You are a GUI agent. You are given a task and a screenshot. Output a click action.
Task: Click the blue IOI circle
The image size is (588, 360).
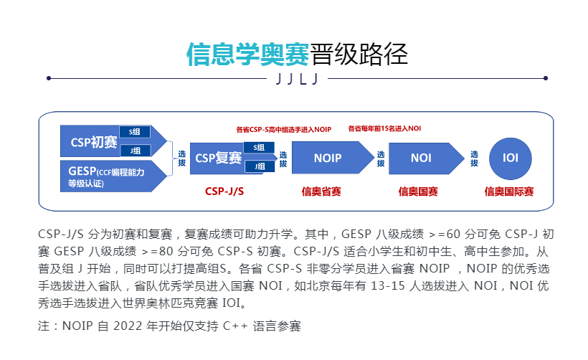point(510,158)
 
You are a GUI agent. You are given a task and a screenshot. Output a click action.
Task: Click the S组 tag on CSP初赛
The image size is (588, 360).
point(135,132)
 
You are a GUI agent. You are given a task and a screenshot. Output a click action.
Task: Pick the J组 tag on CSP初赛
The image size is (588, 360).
point(135,151)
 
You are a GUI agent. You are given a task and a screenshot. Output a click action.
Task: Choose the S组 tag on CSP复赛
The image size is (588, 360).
point(259,148)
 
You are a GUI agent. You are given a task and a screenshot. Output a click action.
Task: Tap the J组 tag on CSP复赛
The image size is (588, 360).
point(260,166)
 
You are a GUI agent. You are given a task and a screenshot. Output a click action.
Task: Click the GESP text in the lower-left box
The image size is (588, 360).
point(82,171)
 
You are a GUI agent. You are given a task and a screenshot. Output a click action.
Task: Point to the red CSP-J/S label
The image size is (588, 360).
point(224,191)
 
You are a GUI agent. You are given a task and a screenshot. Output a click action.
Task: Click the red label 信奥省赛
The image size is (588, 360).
point(321,191)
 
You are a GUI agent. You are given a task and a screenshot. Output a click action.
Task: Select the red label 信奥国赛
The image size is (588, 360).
point(418,191)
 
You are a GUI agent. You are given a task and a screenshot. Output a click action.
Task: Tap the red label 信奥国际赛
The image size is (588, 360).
point(509,191)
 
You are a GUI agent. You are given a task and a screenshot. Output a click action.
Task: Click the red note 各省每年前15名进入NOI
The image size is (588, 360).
point(384,128)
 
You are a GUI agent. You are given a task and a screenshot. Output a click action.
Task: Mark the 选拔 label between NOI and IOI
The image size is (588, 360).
point(475,158)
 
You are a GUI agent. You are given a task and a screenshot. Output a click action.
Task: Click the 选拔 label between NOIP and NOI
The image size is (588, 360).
point(381,158)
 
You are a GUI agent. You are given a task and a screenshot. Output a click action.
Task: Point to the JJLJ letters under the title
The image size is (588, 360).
point(297,79)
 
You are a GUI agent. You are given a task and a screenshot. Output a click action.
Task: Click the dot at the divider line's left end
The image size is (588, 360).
point(49,78)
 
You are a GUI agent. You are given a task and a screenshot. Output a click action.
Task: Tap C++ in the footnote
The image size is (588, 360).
point(235,326)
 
